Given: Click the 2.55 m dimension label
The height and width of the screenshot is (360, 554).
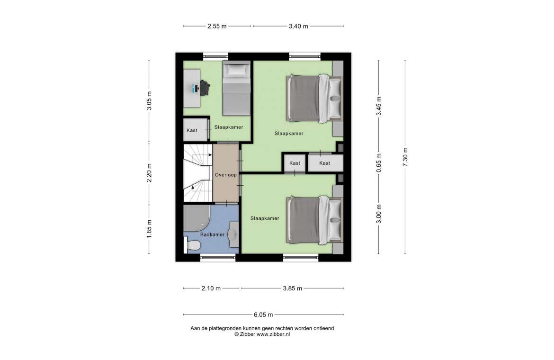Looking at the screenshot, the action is [217, 26].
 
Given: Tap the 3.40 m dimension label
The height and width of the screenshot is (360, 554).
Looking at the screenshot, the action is [298, 26].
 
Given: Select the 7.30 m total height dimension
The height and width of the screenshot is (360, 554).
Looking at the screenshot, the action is [405, 157].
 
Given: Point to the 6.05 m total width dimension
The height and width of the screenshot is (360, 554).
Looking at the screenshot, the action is [263, 315].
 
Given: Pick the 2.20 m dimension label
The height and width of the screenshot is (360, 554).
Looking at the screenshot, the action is [149, 173].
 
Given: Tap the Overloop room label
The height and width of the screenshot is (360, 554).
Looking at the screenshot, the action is [226, 175].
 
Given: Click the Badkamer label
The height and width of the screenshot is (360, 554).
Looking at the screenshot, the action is [212, 234].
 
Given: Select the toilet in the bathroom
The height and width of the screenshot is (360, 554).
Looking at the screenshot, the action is [192, 244].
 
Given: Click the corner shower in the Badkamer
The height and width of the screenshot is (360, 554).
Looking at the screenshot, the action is [197, 218].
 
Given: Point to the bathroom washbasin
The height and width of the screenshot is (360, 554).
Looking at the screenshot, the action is [234, 234].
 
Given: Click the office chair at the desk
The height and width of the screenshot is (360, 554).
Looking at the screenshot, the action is [205, 88].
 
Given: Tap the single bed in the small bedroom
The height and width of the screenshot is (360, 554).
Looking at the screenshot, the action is [236, 88].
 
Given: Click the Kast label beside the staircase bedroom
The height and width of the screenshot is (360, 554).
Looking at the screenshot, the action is [192, 130].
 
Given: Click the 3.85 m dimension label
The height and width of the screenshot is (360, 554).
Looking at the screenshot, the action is [293, 288].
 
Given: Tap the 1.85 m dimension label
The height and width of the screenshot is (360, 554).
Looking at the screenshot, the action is [149, 229].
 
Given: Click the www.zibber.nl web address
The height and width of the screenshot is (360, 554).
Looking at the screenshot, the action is [273, 334].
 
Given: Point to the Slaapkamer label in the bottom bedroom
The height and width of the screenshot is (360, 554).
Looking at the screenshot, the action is [265, 218].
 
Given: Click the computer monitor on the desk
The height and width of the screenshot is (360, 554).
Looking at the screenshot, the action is [194, 88].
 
